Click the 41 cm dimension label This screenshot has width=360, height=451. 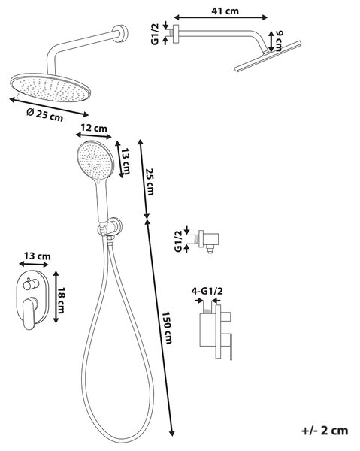click(x=225, y=11)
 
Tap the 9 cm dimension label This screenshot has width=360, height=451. click(x=278, y=41)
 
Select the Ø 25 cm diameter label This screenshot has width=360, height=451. click(x=45, y=114)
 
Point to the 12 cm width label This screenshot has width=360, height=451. click(x=94, y=128)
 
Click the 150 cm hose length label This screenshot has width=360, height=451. click(x=167, y=328)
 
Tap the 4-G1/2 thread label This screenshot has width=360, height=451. click(x=207, y=291)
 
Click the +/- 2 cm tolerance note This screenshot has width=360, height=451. click(x=325, y=431)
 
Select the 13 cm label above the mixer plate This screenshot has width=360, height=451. click(x=37, y=256)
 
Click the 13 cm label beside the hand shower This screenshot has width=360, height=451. click(x=126, y=162)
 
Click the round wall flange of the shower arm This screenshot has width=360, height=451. click(x=120, y=33)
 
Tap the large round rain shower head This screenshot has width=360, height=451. click(x=50, y=88)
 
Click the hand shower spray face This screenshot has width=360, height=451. click(x=95, y=159)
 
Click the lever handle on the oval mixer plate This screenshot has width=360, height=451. click(x=29, y=313)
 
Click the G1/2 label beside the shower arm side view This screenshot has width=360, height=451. click(x=155, y=34)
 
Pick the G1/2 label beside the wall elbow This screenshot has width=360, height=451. click(x=178, y=241)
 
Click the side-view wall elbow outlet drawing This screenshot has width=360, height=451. click(x=208, y=241)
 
